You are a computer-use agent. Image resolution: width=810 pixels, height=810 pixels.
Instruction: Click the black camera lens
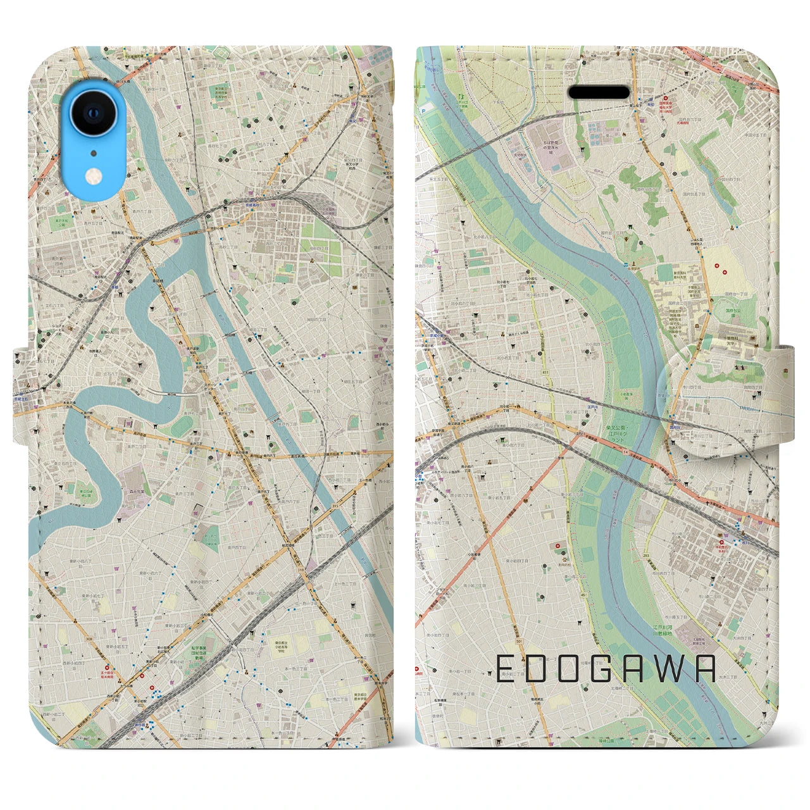click(x=94, y=113)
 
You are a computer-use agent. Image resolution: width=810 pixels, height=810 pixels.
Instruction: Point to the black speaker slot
click(x=598, y=92)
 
